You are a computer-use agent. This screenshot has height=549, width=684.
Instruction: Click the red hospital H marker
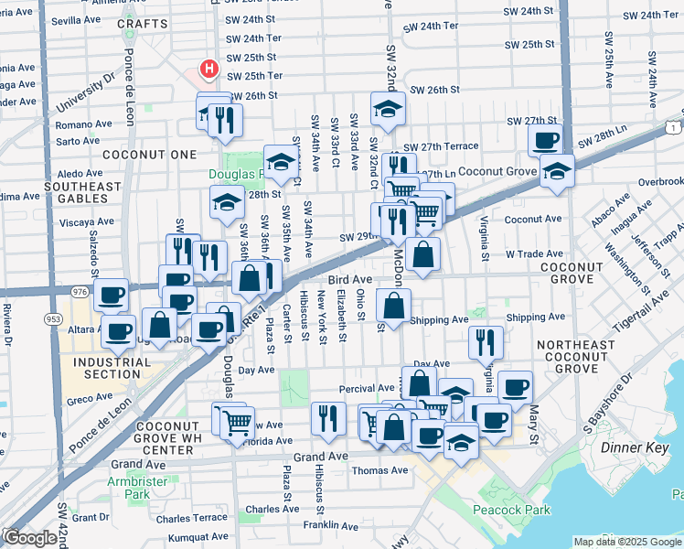(x=210, y=69)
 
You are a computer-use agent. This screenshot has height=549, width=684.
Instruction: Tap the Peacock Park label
(x=511, y=510)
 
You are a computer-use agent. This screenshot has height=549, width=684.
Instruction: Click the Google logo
(x=30, y=538)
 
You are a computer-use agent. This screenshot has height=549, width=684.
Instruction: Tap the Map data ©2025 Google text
(x=626, y=542)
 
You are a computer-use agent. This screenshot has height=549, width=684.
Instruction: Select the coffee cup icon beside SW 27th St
(x=546, y=140)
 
